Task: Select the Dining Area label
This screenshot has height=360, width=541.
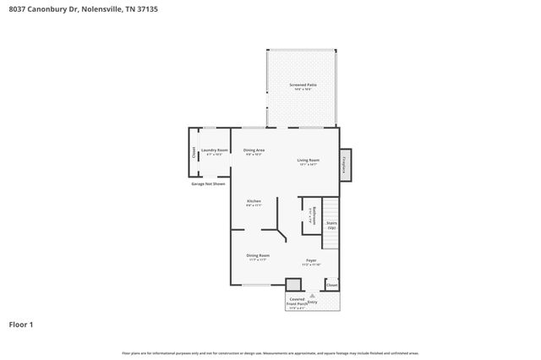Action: [x=254, y=151]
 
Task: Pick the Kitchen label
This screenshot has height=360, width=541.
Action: [x=254, y=202]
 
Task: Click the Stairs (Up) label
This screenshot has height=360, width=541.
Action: [x=331, y=226]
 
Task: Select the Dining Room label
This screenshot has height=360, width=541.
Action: [x=257, y=257]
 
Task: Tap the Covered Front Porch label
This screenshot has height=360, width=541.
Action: [x=297, y=303]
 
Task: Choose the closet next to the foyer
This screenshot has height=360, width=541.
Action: [x=331, y=285]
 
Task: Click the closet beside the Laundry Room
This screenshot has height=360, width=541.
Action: [x=194, y=153]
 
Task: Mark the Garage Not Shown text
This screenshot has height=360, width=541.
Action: [x=208, y=183]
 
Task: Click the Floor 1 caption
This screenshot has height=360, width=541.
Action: [x=21, y=324]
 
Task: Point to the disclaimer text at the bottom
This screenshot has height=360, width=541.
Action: [x=270, y=352]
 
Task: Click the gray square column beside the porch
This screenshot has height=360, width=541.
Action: [x=293, y=285]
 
